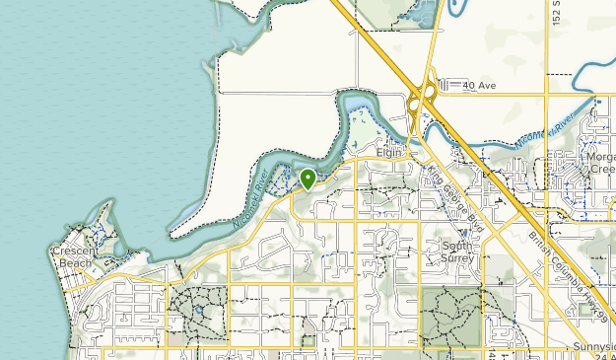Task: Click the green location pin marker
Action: point(308,179)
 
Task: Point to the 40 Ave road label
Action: point(478,86)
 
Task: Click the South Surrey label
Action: point(457,252)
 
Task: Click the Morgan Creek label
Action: point(600,163)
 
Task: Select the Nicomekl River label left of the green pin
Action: point(253,198)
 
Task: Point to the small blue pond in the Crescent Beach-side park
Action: point(198,309)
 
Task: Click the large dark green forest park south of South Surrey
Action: point(449,316)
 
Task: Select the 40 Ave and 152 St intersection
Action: point(545,94)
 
